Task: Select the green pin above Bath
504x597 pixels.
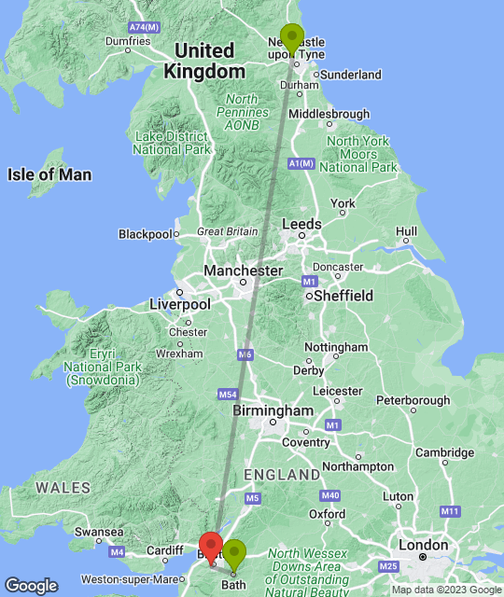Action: pyautogui.click(x=233, y=555)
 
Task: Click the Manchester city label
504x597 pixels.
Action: pyautogui.click(x=243, y=271)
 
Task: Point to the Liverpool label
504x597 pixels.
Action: pyautogui.click(x=180, y=304)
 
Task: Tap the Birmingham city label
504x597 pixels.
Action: pyautogui.click(x=273, y=410)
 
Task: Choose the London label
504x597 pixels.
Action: pyautogui.click(x=423, y=545)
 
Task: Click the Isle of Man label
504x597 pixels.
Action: pyautogui.click(x=49, y=174)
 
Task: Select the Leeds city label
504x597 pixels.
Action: pyautogui.click(x=301, y=224)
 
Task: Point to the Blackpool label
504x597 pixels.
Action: pyautogui.click(x=147, y=234)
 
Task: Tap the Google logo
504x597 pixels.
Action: pyautogui.click(x=31, y=585)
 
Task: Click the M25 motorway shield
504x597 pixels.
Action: pyautogui.click(x=388, y=566)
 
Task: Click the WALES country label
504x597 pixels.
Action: pyautogui.click(x=63, y=487)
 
